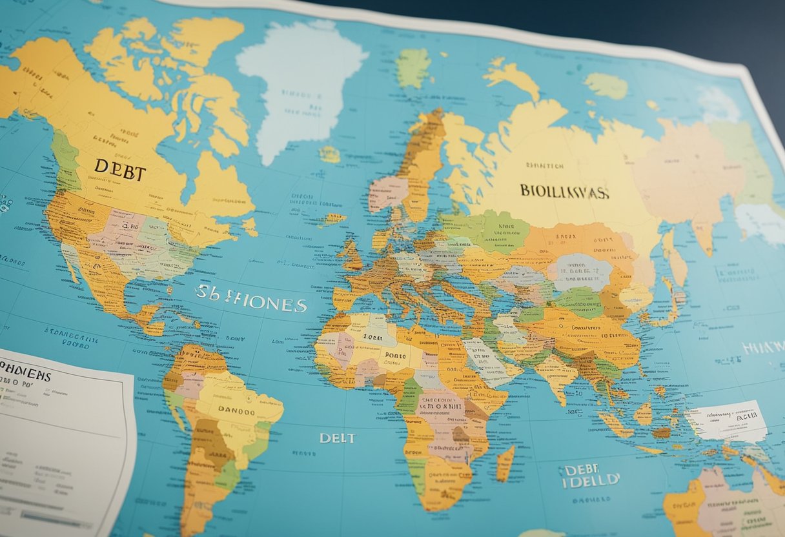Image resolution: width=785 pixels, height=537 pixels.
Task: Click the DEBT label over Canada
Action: click(120, 170)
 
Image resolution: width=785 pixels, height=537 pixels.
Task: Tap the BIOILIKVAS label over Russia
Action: click(564, 192)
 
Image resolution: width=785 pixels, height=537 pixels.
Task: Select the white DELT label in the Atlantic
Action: click(337, 438)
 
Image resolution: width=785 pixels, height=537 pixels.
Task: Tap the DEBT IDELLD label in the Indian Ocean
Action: click(589, 476)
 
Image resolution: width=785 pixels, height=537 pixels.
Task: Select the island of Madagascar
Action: click(504, 463)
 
